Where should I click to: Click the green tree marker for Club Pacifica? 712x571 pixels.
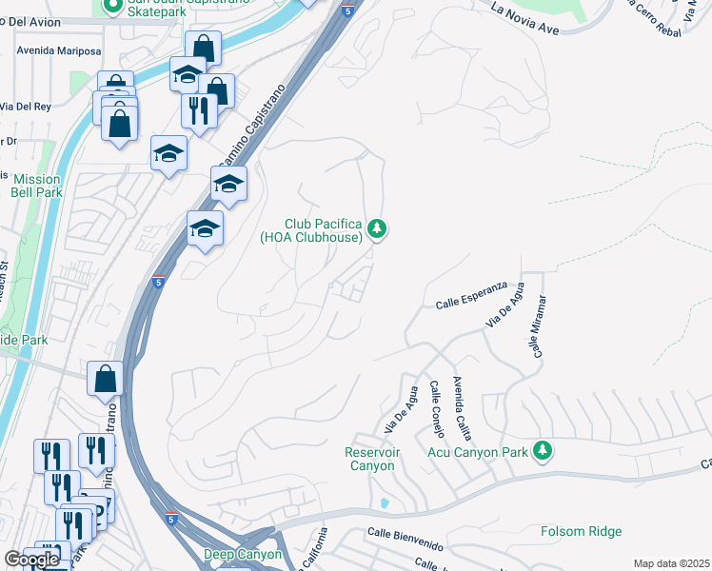[x=377, y=228]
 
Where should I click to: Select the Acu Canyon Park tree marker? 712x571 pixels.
[x=543, y=449]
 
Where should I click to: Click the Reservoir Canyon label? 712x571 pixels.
[x=370, y=459]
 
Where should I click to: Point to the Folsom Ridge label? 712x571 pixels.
[x=581, y=531]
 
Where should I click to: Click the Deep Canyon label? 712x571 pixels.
[x=243, y=554]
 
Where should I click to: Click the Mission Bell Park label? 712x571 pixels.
[x=37, y=186]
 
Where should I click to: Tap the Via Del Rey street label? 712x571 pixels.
[x=26, y=106]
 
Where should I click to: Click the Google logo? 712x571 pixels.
[x=31, y=560]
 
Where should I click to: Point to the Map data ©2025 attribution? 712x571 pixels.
[x=671, y=563]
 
